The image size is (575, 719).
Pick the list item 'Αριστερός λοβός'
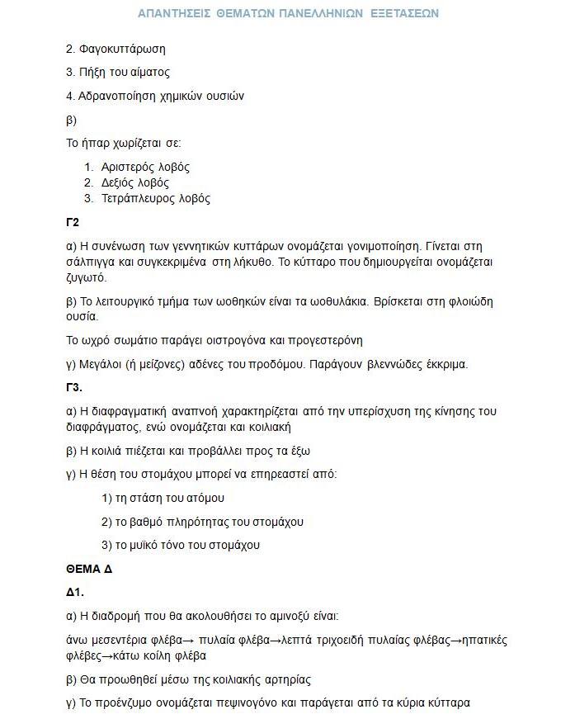click(x=145, y=167)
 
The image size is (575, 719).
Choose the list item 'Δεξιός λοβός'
click(x=135, y=182)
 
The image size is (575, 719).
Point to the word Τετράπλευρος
click(x=137, y=198)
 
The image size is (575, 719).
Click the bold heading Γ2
click(x=73, y=222)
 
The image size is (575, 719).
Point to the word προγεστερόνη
click(x=324, y=340)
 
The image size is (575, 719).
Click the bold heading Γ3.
click(x=74, y=387)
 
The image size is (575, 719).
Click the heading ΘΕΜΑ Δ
click(x=89, y=569)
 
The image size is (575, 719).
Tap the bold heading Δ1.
click(x=75, y=592)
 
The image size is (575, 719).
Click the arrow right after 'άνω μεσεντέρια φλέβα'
click(x=187, y=641)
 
